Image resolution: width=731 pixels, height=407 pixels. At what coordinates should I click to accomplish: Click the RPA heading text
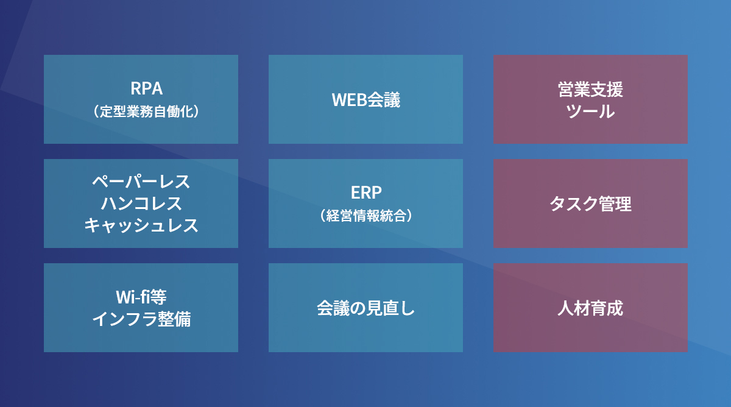tap(147, 88)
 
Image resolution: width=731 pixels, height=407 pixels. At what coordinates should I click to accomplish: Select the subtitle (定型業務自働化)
tap(147, 111)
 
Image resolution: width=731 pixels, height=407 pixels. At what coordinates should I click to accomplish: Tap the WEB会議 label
tap(366, 100)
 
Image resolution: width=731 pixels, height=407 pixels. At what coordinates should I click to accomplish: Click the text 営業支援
tap(590, 90)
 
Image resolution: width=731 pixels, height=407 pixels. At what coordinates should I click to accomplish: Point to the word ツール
tap(590, 111)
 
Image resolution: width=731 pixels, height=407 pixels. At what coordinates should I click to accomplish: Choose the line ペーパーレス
tap(141, 182)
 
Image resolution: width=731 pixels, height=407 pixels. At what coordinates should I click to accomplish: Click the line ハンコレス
tap(141, 203)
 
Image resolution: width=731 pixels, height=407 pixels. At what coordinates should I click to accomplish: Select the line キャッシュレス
tap(141, 225)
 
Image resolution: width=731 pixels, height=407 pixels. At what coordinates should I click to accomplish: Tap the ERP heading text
tap(366, 193)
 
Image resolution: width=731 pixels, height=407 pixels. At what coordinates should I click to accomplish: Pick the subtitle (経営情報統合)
tap(366, 216)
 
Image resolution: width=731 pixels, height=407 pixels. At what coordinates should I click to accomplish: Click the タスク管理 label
tap(590, 204)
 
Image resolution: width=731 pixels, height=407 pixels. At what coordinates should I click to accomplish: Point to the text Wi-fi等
tap(141, 297)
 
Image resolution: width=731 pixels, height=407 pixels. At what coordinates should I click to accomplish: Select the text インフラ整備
tap(141, 319)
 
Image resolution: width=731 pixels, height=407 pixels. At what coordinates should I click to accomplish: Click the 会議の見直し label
tap(366, 308)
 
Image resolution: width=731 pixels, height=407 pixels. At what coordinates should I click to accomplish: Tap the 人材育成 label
tap(590, 308)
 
